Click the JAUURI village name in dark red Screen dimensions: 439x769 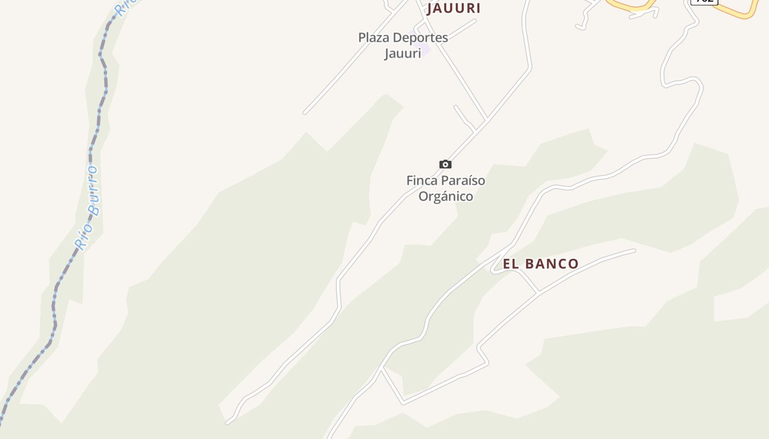[x=454, y=8]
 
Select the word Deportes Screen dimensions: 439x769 [x=421, y=38]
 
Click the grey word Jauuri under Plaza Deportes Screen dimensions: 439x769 [x=402, y=53]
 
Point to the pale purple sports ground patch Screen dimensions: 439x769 [x=426, y=50]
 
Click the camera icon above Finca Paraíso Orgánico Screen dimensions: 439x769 [x=445, y=164]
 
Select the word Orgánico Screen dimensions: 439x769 [x=445, y=196]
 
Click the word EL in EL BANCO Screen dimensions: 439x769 [x=511, y=264]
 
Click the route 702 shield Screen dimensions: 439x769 [x=704, y=1]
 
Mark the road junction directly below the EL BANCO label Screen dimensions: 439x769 [x=538, y=292]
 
